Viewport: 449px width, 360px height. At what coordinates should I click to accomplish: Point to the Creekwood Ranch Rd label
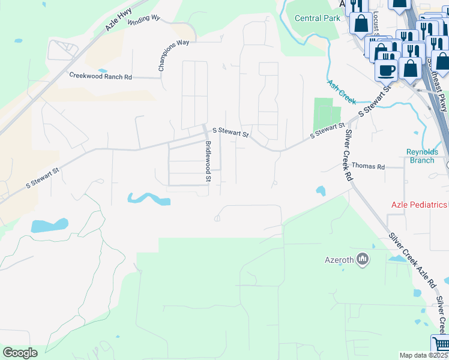[x=100, y=77]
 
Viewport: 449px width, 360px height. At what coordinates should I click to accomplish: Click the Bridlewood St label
[x=208, y=161]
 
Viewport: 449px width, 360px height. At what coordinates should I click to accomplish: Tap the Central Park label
[x=318, y=18]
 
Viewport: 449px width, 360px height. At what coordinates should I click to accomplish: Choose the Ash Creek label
[x=342, y=91]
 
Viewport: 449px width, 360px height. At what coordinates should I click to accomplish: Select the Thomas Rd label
[x=368, y=166]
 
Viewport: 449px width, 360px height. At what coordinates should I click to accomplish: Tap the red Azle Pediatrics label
[x=419, y=205]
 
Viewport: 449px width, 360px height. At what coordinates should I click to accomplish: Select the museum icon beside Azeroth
[x=363, y=259]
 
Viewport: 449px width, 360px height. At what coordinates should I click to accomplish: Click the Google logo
[x=20, y=353]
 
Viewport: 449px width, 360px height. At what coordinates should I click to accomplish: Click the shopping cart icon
[x=440, y=344]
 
